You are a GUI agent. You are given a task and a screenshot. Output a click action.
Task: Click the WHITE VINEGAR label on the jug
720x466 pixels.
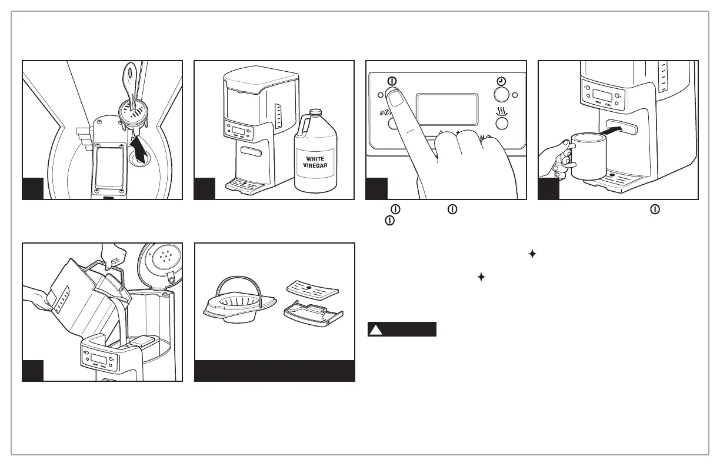(x=314, y=162)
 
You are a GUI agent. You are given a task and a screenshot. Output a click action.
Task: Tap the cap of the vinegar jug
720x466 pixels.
(x=316, y=112)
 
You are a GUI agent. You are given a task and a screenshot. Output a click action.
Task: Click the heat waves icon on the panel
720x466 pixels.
(x=501, y=110)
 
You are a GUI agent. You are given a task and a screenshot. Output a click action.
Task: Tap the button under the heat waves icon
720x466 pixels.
(x=501, y=123)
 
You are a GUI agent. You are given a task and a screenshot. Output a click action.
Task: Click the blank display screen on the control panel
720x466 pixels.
(x=446, y=109)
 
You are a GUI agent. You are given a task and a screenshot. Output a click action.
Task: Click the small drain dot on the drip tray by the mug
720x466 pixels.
(x=612, y=175)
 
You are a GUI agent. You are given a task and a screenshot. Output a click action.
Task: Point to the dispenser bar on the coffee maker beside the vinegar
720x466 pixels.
(x=252, y=154)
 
